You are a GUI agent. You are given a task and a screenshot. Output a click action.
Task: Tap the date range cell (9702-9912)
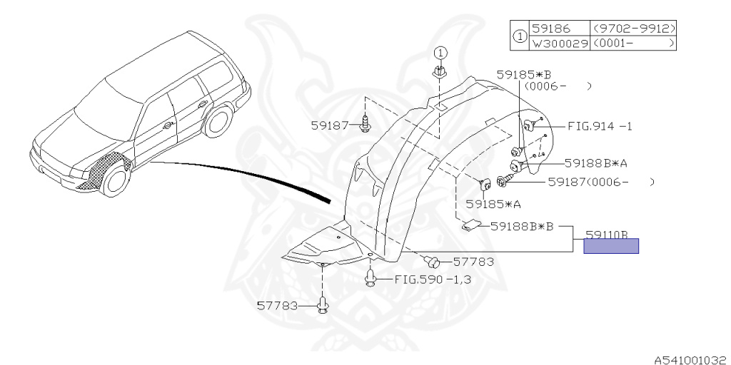pyautogui.click(x=634, y=29)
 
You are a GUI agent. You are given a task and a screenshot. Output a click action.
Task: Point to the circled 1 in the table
pyautogui.click(x=520, y=36)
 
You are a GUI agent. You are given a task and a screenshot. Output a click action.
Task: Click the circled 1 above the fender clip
pyautogui.click(x=440, y=52)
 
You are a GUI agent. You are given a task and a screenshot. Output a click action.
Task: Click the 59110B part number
pyautogui.click(x=606, y=234)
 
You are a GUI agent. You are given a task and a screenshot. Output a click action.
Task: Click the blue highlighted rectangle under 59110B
pyautogui.click(x=611, y=246)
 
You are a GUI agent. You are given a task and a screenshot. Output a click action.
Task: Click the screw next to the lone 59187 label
pyautogui.click(x=366, y=126)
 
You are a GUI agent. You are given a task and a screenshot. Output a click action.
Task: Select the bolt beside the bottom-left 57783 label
pyautogui.click(x=322, y=307)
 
